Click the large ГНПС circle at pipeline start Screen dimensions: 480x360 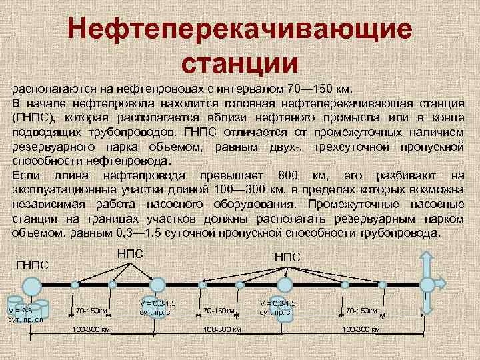(31, 287)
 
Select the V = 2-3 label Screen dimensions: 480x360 (19, 310)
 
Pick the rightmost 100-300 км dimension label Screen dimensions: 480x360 (361, 329)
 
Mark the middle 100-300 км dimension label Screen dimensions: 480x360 (219, 329)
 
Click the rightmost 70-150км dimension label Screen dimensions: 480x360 (361, 311)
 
